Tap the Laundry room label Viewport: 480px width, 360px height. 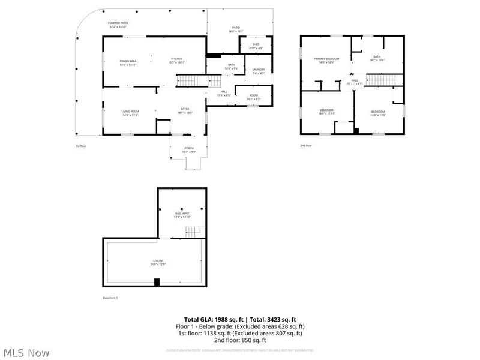[259, 71]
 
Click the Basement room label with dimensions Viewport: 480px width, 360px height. [182, 215]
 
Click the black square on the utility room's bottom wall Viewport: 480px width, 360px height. [157, 283]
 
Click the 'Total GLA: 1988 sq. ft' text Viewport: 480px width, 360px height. [211, 320]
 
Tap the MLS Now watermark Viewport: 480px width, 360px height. [26, 353]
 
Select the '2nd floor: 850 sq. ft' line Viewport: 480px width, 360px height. [240, 340]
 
